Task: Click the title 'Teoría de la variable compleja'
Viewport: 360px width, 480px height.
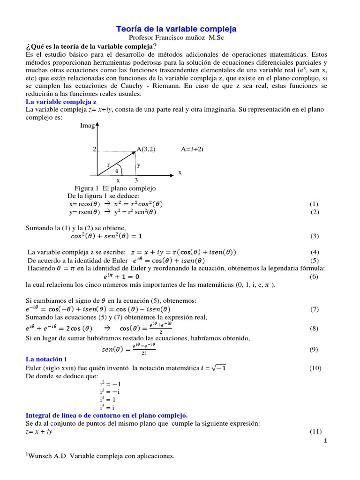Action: [x=176, y=29]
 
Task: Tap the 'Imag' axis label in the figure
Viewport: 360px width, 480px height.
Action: [x=87, y=126]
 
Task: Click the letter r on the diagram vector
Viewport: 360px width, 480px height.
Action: [x=108, y=165]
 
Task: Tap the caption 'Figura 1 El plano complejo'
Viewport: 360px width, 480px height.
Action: [x=115, y=188]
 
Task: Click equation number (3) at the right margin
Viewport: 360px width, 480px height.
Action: [x=314, y=235]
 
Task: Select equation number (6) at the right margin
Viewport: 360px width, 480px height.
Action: [x=314, y=277]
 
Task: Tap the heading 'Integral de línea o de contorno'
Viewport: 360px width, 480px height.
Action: [x=106, y=415]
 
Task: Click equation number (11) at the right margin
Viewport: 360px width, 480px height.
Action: [x=315, y=431]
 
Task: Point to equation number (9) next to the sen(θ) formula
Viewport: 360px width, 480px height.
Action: [x=314, y=349]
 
